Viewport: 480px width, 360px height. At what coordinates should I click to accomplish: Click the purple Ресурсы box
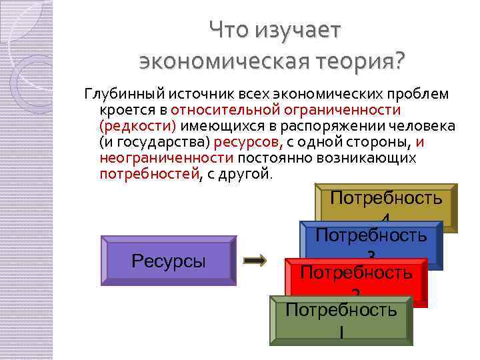167,261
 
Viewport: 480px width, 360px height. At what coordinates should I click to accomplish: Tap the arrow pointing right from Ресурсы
255,261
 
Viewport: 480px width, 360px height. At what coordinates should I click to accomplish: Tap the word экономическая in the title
221,62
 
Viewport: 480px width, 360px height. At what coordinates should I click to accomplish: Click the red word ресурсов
253,142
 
